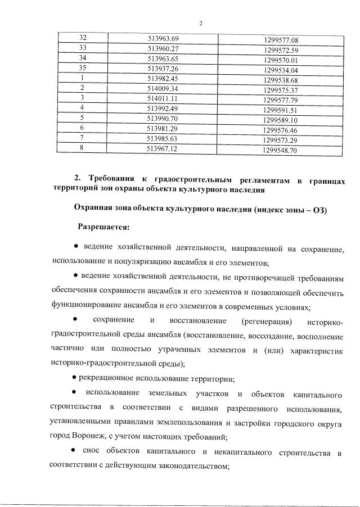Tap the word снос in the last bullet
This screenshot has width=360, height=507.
[x=91, y=452]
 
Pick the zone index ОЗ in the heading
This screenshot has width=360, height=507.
[x=319, y=209]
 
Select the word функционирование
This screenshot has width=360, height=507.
[x=86, y=307]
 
